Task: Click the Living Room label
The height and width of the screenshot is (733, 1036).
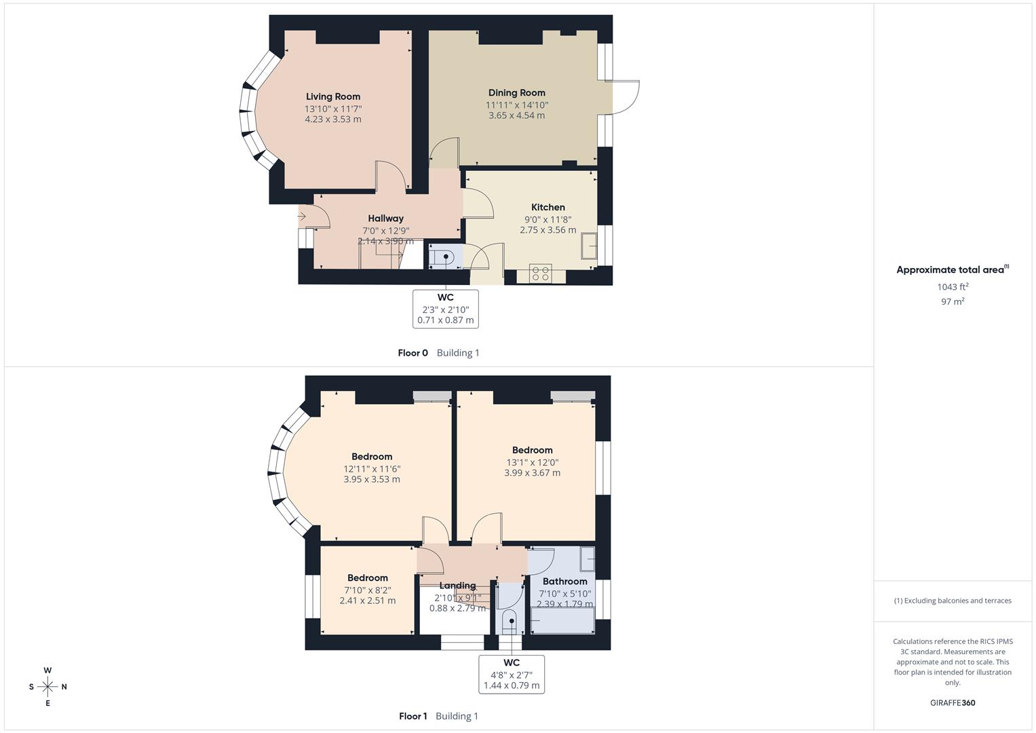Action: (x=332, y=96)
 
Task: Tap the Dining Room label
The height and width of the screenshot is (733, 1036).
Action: (x=516, y=92)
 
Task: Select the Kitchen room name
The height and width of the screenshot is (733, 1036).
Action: (x=548, y=207)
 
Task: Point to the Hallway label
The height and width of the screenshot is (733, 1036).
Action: (x=385, y=218)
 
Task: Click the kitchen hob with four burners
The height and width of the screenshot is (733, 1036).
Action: (x=541, y=274)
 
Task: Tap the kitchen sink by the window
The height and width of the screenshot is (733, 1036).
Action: (x=589, y=245)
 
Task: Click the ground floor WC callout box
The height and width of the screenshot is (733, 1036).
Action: (x=445, y=309)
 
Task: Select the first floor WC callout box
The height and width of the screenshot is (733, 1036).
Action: (x=512, y=674)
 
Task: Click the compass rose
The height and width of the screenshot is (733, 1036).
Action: (x=47, y=687)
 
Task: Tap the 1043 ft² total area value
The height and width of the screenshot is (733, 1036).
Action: (x=953, y=287)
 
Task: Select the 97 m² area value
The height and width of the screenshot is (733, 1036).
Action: (x=953, y=301)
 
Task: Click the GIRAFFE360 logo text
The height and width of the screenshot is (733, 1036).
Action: (x=953, y=702)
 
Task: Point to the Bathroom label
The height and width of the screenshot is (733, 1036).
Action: (x=564, y=581)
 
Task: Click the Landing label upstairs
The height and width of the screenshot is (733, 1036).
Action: (x=457, y=585)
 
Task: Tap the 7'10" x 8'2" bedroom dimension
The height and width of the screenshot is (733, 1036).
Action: (x=368, y=590)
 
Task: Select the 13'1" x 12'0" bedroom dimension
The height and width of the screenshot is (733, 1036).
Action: (x=532, y=462)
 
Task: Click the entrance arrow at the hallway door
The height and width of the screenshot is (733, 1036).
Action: (x=303, y=217)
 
